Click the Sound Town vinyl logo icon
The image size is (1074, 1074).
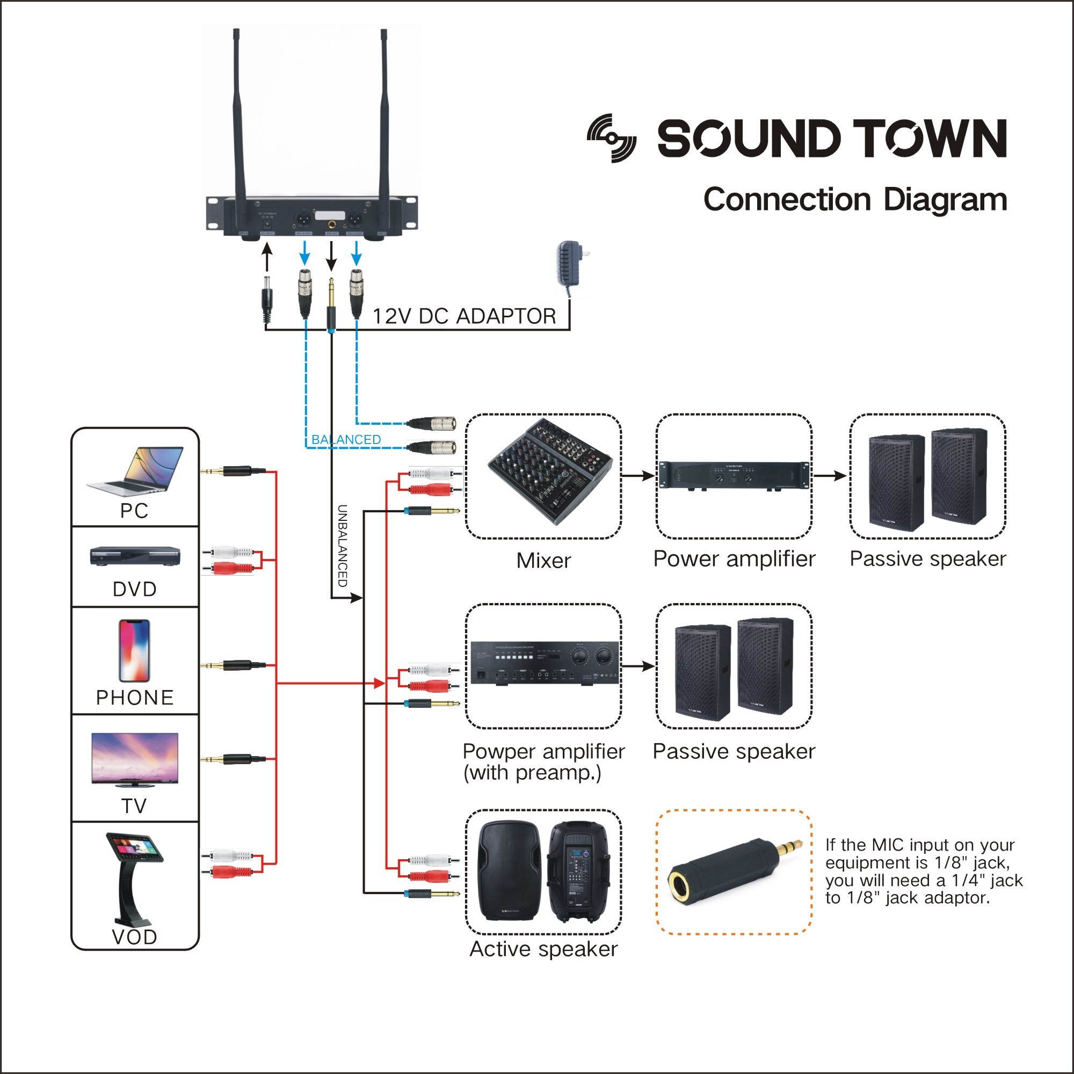612,138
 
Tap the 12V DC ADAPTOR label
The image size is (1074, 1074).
464,316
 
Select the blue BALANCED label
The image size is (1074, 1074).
346,440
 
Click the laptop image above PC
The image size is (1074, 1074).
135,470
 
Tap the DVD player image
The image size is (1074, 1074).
135,556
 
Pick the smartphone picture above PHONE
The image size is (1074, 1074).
135,651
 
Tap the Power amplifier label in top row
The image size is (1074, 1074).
734,559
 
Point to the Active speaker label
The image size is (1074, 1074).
543,949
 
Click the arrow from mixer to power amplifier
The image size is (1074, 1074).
638,475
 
